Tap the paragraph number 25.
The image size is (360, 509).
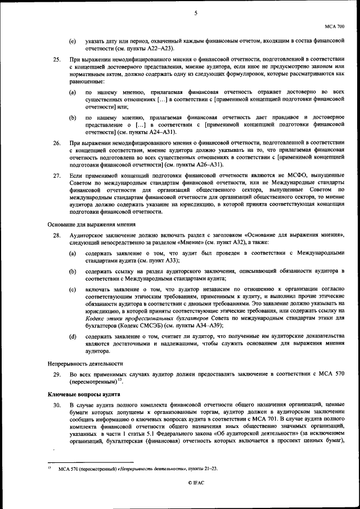click(57, 58)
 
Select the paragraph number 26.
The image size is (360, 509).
click(57, 143)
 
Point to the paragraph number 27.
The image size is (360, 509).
click(57, 176)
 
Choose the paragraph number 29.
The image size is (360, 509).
click(57, 374)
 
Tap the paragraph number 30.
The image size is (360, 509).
click(57, 405)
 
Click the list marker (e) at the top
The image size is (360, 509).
click(73, 42)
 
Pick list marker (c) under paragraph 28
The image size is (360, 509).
click(73, 289)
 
